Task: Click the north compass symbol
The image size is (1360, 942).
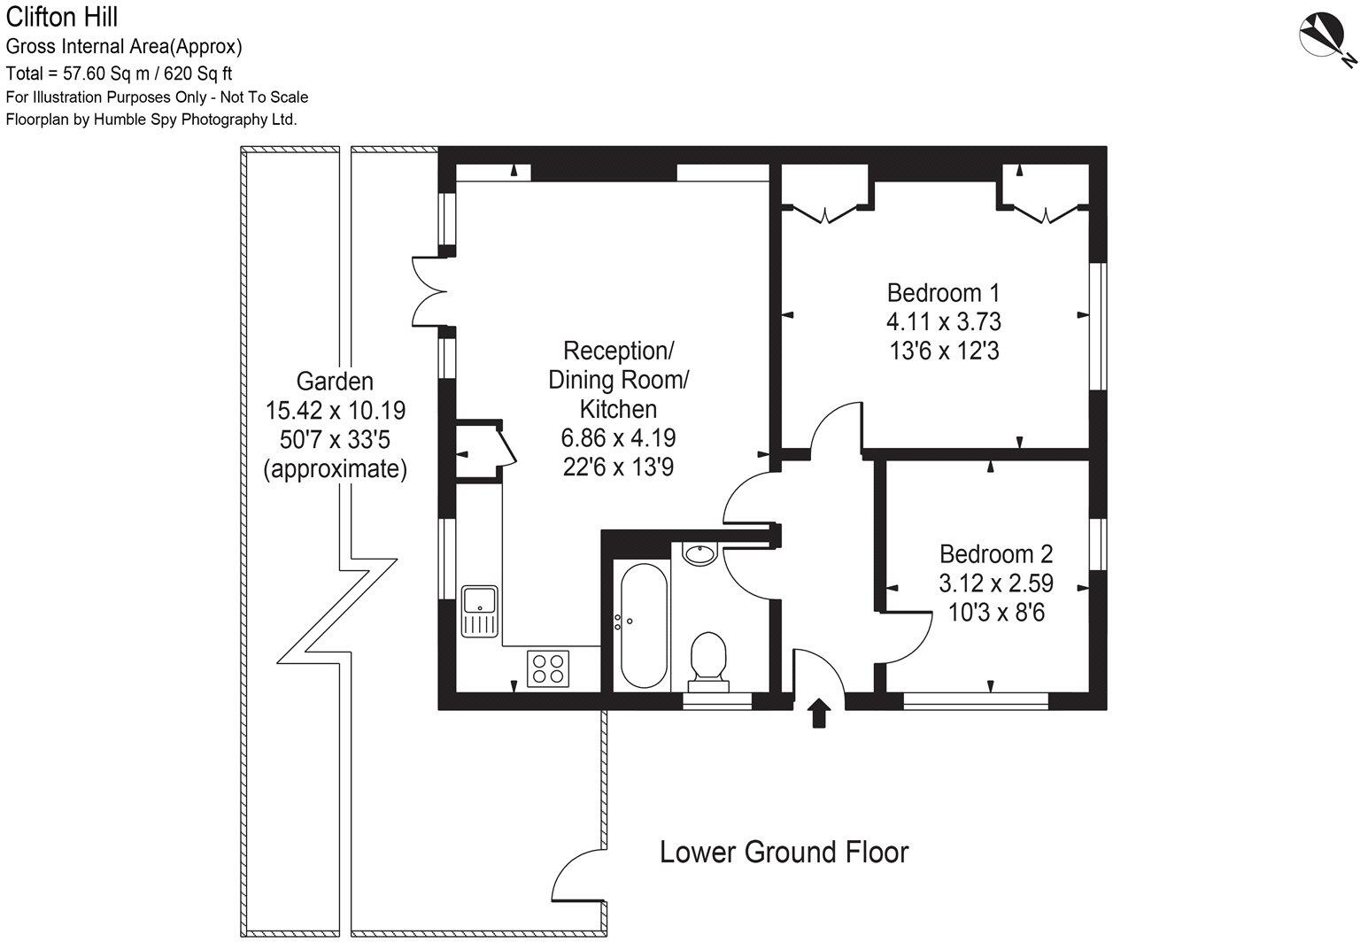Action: point(1321,38)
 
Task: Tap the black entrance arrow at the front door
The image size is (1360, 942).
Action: point(818,712)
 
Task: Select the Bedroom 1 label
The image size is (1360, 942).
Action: point(944,292)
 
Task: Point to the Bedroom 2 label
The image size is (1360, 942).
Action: point(996,554)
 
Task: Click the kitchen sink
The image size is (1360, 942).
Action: point(480,610)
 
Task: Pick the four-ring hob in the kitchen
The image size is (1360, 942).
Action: point(548,668)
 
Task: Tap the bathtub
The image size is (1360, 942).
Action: point(644,625)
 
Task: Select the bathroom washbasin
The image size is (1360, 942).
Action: point(700,554)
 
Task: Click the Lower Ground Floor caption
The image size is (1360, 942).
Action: point(784,852)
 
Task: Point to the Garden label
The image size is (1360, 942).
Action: point(335,382)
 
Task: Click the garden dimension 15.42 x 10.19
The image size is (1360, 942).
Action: point(335,411)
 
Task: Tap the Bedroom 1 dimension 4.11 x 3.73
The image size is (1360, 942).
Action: point(944,321)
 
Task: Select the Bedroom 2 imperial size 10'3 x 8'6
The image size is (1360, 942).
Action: point(996,612)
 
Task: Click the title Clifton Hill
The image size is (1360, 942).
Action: point(61,16)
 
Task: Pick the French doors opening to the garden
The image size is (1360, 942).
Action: point(429,292)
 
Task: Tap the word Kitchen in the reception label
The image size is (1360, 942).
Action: point(618,409)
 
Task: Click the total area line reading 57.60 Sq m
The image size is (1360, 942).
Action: point(120,73)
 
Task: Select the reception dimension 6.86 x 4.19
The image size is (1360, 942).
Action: point(618,437)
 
